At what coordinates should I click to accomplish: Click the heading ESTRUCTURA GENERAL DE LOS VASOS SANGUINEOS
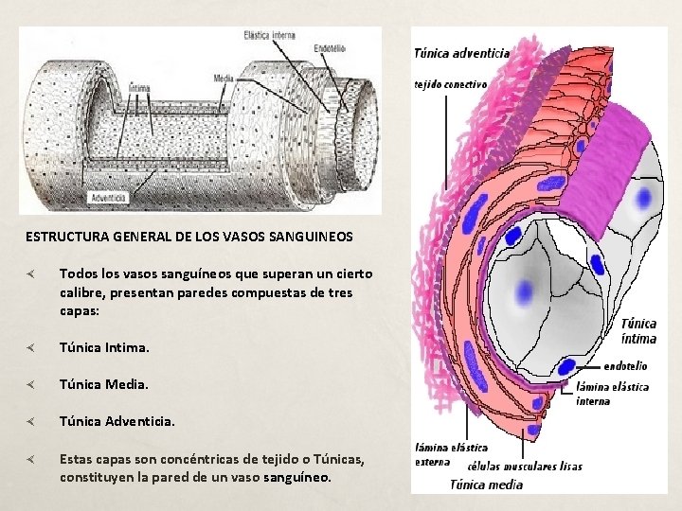coord(188,236)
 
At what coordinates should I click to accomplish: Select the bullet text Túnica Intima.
coord(104,348)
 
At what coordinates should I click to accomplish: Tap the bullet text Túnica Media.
coord(104,385)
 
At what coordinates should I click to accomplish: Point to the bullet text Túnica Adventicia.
coord(117,421)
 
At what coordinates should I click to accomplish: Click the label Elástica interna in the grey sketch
coord(270,36)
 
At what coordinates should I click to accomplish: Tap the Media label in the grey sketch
coord(224,79)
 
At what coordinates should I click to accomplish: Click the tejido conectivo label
coord(451,83)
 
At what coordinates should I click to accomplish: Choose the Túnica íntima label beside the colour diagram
coord(639,331)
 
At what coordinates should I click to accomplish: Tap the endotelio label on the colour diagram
coord(625,364)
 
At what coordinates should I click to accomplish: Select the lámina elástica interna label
coord(612,394)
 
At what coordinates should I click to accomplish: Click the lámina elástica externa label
coord(452,454)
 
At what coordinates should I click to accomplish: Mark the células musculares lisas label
coord(525,466)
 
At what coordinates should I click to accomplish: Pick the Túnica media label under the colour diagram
coord(486,485)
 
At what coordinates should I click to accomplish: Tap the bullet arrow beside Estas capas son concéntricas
coord(31,459)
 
